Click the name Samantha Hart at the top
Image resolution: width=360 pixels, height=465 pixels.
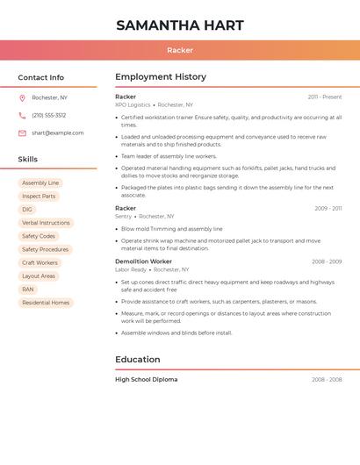tap(180, 25)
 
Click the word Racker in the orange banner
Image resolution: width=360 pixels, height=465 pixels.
tap(180, 50)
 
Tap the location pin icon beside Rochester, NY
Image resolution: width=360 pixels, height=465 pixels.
tap(22, 97)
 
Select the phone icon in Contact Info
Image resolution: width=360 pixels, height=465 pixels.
tap(22, 115)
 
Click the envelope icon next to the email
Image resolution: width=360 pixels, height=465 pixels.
tap(22, 133)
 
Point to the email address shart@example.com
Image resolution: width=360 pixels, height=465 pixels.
tap(58, 133)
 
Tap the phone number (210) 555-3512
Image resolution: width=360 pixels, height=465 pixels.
tap(49, 115)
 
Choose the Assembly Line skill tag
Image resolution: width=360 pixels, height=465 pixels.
tap(40, 183)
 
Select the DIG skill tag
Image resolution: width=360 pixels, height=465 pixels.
tap(27, 210)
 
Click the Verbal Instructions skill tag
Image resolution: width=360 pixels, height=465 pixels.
tap(46, 223)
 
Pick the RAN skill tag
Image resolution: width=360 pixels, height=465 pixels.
tap(28, 290)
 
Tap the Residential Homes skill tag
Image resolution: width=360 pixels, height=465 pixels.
tap(46, 303)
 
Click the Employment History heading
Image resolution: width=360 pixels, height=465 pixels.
tap(161, 77)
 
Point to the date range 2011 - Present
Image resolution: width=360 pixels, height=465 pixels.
tap(325, 97)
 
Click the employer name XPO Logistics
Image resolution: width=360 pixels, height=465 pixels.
tap(133, 104)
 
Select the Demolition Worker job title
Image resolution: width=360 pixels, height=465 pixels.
tap(143, 261)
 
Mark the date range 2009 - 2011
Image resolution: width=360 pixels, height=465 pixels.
tap(328, 209)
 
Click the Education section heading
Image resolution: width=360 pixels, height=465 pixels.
tap(138, 360)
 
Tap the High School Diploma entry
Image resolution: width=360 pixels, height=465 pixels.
tap(146, 380)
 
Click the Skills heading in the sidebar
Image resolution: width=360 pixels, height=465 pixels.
tap(28, 160)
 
